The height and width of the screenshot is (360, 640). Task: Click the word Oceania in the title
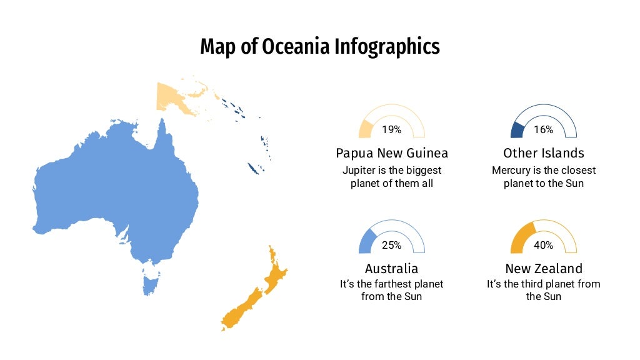(x=289, y=47)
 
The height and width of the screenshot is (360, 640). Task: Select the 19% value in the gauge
(x=391, y=130)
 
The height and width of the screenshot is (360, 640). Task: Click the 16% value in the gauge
(x=543, y=130)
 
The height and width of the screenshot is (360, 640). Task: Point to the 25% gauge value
(x=391, y=245)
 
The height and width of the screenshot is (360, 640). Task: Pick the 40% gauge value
(x=543, y=245)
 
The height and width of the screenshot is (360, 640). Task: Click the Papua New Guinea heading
(x=392, y=153)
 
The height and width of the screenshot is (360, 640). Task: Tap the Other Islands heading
(x=544, y=153)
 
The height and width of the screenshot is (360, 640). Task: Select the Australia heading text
(x=392, y=269)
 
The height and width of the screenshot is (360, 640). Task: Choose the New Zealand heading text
(x=544, y=269)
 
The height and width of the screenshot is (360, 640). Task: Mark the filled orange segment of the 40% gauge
(x=521, y=237)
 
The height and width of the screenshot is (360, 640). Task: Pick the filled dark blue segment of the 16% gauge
(x=516, y=130)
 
